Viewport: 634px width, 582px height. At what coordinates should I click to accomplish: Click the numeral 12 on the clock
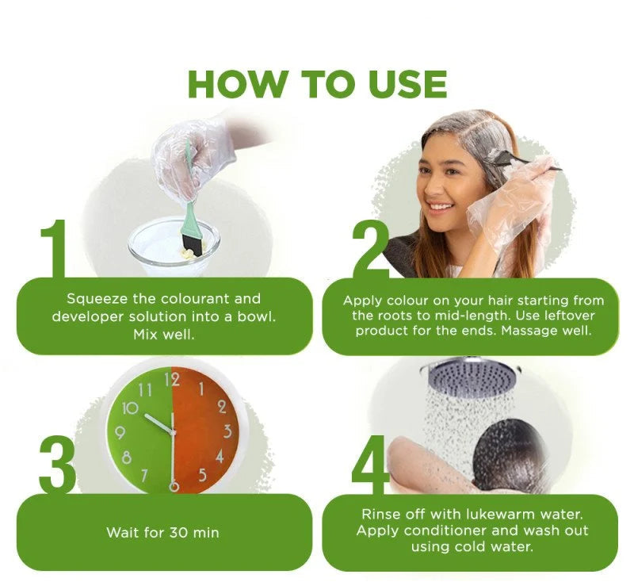coord(172,380)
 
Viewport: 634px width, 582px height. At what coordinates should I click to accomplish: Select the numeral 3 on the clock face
coord(227,432)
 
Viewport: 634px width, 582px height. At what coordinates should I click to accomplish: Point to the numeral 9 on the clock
coord(120,433)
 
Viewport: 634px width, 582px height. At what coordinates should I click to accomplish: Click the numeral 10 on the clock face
coord(129,408)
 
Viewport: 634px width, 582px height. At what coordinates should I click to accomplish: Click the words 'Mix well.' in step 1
coord(164,334)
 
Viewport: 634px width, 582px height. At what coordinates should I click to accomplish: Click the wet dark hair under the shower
coord(507,456)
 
